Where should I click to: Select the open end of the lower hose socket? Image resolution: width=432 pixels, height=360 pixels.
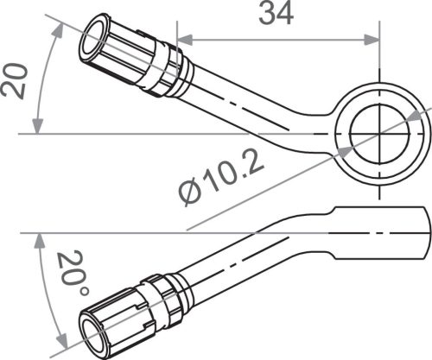[93, 332]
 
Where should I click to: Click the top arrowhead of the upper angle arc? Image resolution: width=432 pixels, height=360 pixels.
[60, 29]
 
